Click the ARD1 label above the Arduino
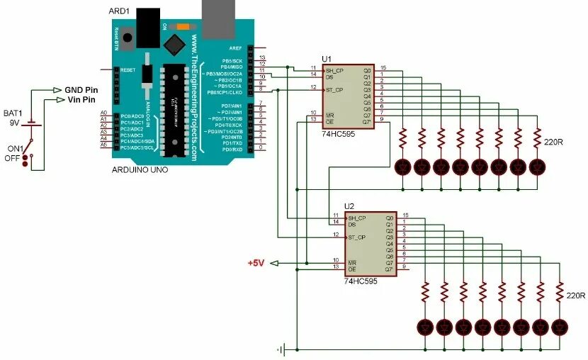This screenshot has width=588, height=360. point(119,11)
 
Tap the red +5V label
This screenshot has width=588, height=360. point(256,263)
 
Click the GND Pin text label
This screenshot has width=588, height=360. point(81,90)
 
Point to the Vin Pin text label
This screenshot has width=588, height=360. point(80,100)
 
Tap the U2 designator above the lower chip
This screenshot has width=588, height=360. point(349,206)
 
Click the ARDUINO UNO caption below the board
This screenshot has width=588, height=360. point(140,171)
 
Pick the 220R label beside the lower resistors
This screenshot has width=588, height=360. point(575,295)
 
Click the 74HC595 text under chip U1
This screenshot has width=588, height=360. point(338,133)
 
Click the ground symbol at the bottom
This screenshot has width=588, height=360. point(281,349)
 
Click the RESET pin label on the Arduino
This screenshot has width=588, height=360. point(128,70)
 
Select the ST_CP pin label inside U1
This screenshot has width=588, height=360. point(334,90)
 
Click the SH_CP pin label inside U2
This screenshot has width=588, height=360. point(356,218)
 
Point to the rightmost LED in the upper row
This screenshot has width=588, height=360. point(538,167)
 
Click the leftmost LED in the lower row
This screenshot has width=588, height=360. point(426,327)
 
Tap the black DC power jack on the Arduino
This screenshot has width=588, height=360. point(147,27)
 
